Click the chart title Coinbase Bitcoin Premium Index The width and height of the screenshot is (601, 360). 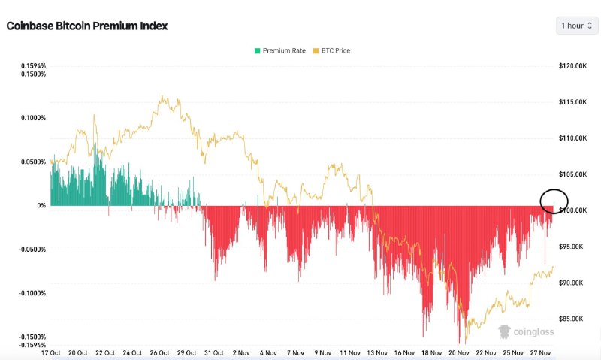[x=86, y=26]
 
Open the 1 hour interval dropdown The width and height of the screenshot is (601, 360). [x=576, y=26]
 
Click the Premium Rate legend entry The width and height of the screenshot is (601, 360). [x=280, y=51]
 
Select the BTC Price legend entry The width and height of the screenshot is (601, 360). [x=331, y=51]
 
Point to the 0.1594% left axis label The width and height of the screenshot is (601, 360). [x=33, y=66]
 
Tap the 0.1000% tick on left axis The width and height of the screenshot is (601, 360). [x=33, y=117]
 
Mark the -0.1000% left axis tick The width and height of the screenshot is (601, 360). [x=32, y=293]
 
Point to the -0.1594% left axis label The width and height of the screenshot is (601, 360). [x=32, y=345]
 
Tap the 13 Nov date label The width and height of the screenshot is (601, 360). [x=376, y=352]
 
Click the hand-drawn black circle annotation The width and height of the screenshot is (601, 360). [x=554, y=200]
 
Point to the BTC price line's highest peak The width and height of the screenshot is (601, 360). [x=161, y=96]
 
